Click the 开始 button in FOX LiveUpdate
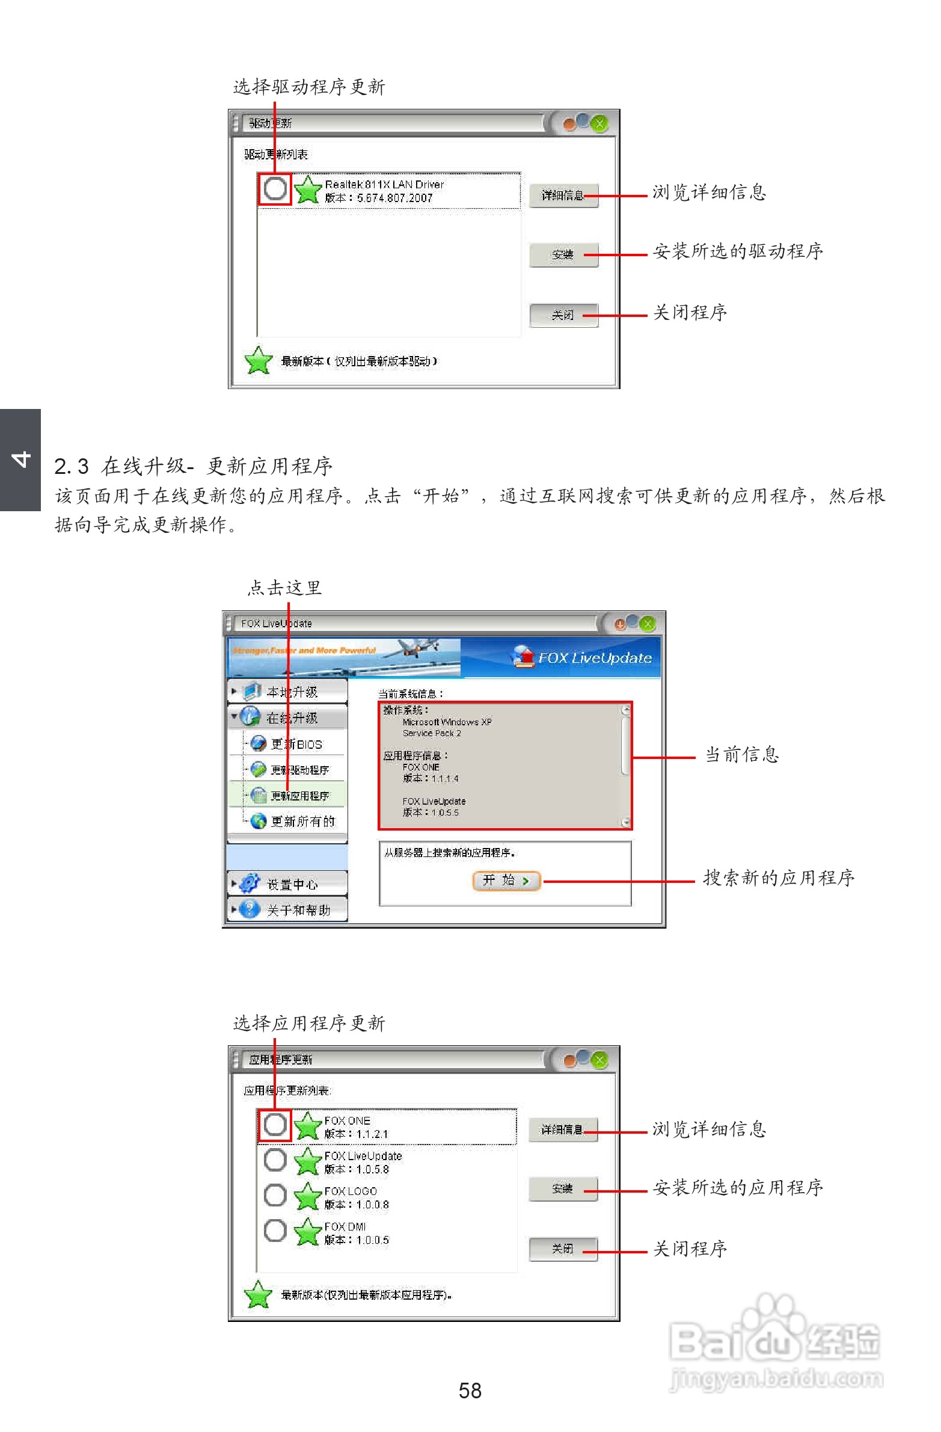tap(506, 881)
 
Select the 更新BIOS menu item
tap(295, 745)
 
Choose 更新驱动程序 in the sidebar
tap(299, 770)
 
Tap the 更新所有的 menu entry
tap(302, 822)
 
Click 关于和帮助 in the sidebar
tap(298, 910)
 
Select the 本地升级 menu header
tap(291, 692)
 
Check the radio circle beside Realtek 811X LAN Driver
tap(275, 189)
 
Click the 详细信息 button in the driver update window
tap(563, 195)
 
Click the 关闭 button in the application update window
tap(563, 1249)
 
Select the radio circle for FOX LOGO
tap(275, 1196)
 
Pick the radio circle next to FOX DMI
tap(275, 1231)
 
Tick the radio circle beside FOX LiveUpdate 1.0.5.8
tap(275, 1160)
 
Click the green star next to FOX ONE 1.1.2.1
tap(307, 1125)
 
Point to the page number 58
tap(470, 1391)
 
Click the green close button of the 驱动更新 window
tap(599, 124)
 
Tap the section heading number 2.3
tap(71, 466)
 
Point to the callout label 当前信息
tap(742, 755)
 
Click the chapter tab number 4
tap(20, 459)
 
